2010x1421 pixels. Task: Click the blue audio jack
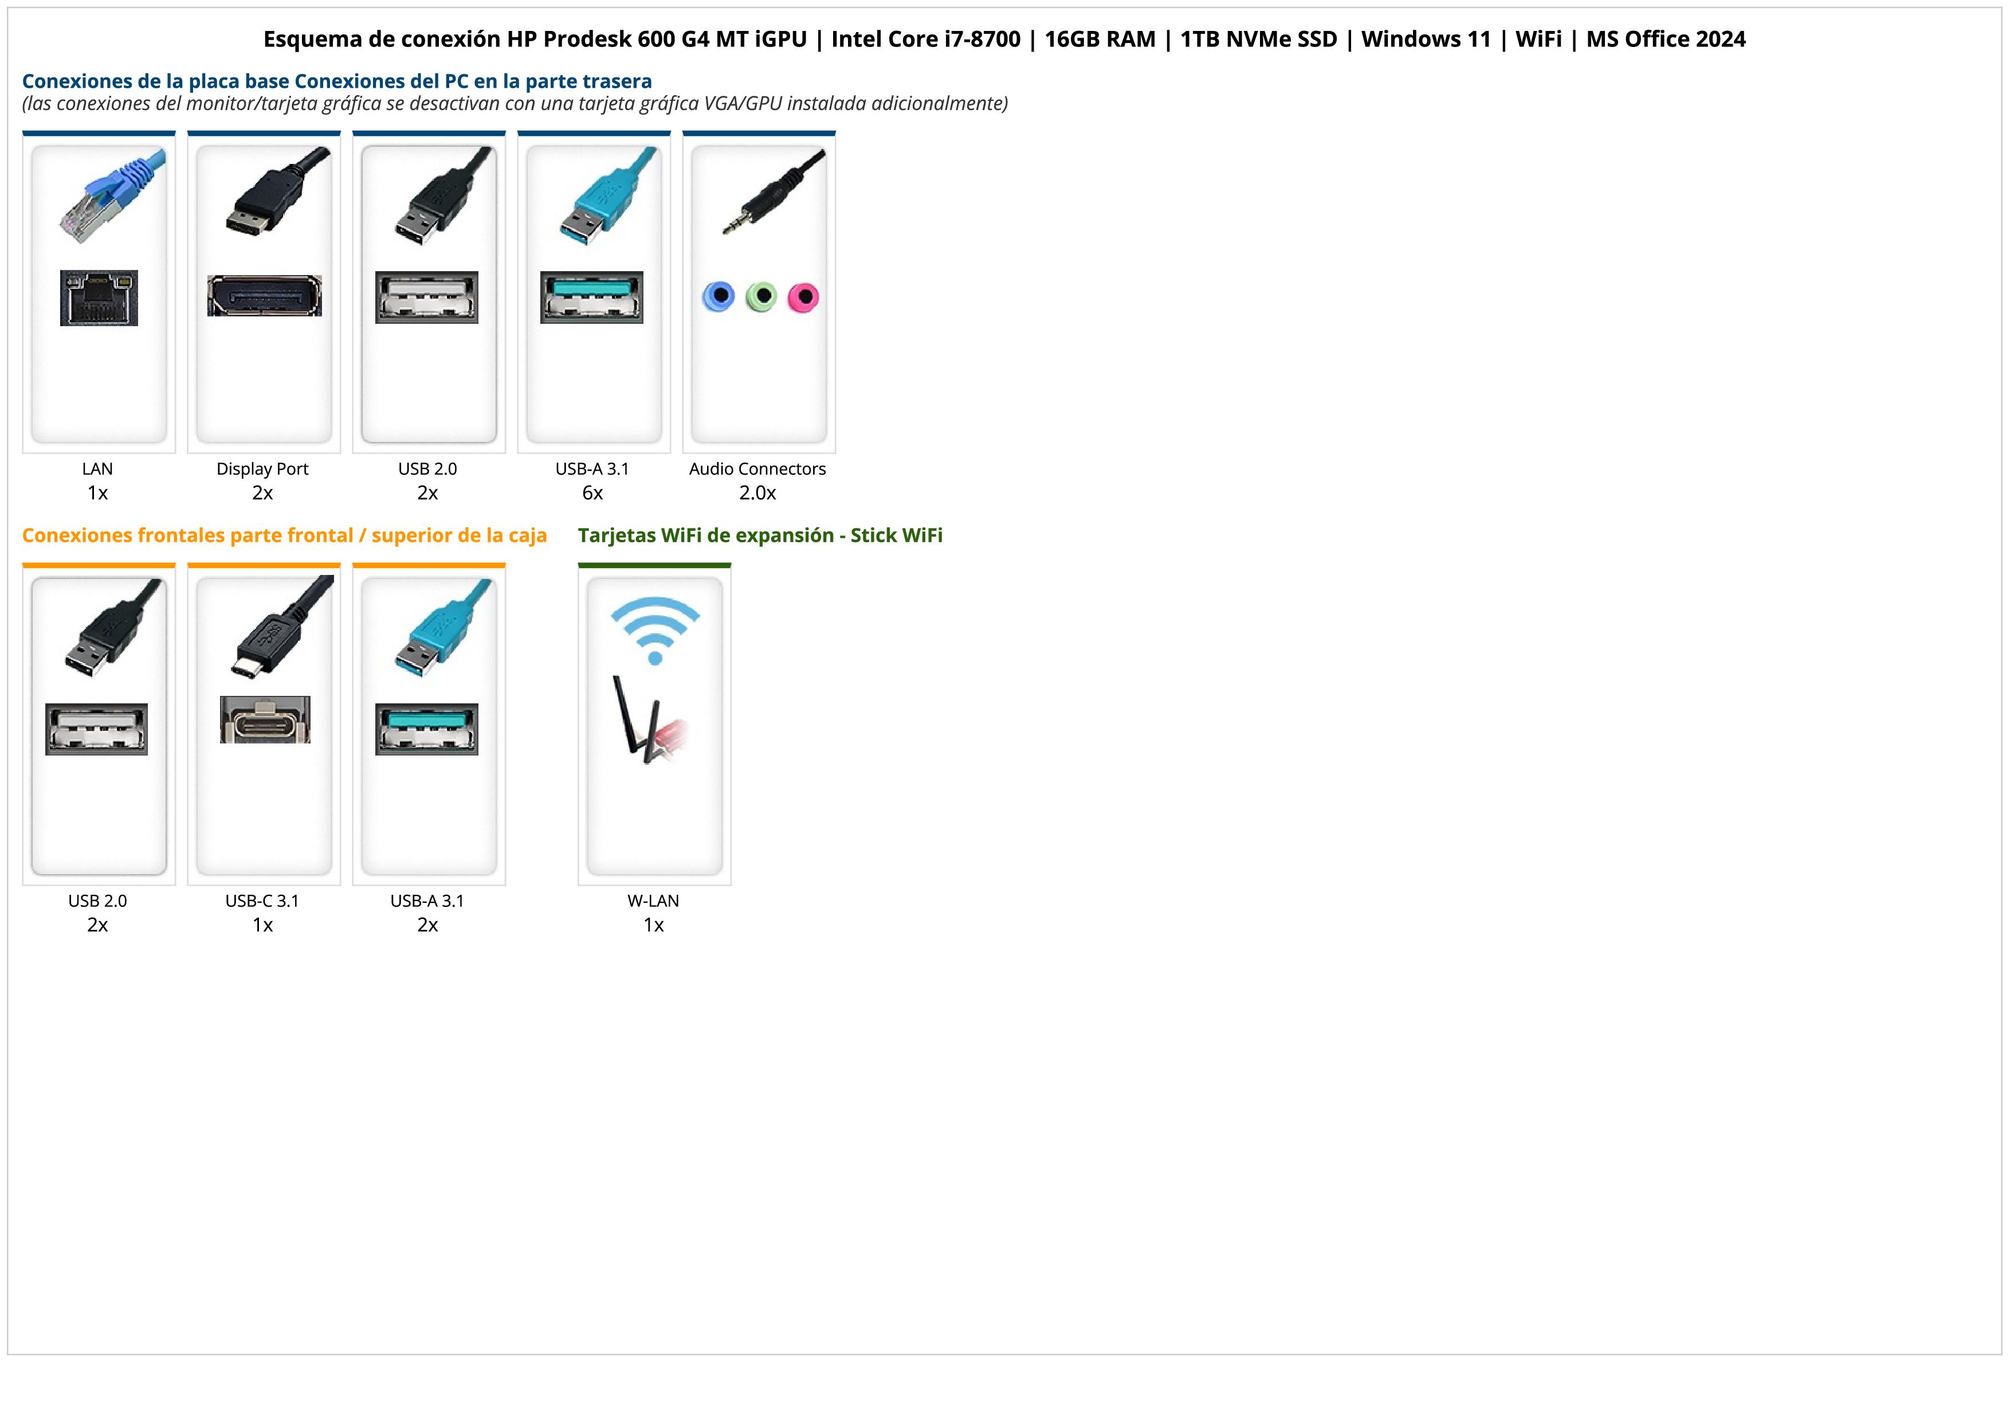pyautogui.click(x=719, y=297)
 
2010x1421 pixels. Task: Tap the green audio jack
pyautogui.click(x=761, y=297)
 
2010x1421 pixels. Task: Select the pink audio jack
pyautogui.click(x=803, y=297)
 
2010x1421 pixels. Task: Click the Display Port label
pyautogui.click(x=262, y=468)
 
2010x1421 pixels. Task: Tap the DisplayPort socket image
pyautogui.click(x=264, y=296)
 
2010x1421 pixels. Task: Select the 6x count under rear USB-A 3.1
pyautogui.click(x=592, y=493)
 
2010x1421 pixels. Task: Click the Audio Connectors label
pyautogui.click(x=757, y=468)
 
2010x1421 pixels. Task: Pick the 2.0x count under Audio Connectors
pyautogui.click(x=757, y=493)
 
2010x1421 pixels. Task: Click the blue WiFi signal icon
pyautogui.click(x=655, y=629)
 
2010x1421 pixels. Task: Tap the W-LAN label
pyautogui.click(x=653, y=900)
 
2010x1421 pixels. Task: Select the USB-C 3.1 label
pyautogui.click(x=262, y=900)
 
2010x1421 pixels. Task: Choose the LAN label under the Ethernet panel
pyautogui.click(x=97, y=468)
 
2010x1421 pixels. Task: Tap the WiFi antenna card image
pyautogui.click(x=650, y=720)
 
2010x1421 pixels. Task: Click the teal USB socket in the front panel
pyautogui.click(x=427, y=729)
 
